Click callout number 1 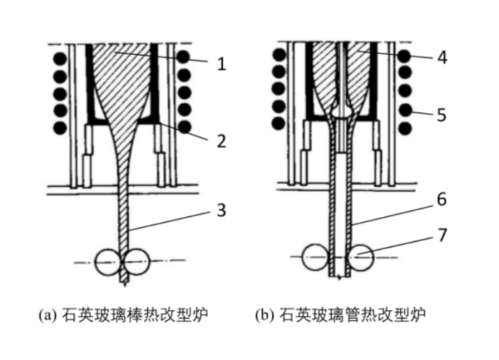221,63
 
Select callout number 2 221,140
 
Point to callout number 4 441,58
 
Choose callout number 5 441,114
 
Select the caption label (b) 265,315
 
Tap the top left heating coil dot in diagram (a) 59,56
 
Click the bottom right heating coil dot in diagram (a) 185,127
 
